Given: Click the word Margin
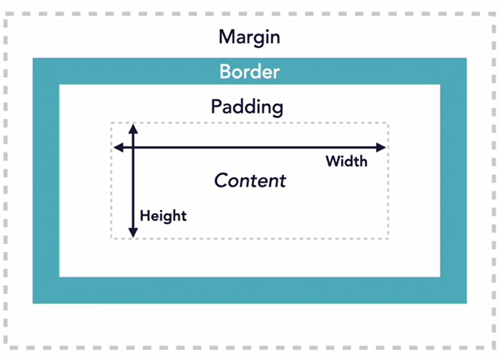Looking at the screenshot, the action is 249,38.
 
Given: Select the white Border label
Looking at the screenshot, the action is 250,72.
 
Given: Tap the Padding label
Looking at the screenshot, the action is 247,107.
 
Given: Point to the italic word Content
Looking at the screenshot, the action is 250,181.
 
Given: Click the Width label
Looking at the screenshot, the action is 346,161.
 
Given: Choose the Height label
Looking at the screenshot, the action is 163,216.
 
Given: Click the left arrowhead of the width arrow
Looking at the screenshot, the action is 118,147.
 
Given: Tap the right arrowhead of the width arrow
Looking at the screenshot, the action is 381,147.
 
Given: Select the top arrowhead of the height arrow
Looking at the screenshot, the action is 134,128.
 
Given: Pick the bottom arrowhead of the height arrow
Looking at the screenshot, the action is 134,233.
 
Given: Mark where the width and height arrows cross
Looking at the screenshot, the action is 134,147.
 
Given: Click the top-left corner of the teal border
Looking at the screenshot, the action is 33,59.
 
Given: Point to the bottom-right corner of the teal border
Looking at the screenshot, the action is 466,303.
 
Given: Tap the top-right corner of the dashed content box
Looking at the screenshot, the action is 388,123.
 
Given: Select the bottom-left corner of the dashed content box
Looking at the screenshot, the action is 111,238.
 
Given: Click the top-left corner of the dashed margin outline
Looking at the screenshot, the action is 6,14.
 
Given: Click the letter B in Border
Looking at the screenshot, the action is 225,72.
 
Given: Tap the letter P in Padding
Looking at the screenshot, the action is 216,106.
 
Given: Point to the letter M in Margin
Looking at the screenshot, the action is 227,37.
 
